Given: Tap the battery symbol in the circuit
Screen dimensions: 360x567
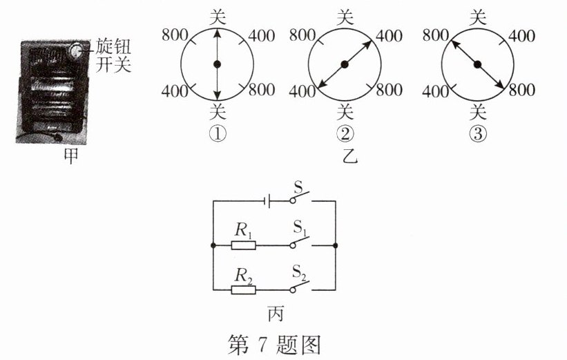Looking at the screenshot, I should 267,200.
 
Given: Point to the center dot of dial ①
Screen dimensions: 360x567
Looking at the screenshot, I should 218,65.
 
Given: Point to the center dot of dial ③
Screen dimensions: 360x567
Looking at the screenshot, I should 477,65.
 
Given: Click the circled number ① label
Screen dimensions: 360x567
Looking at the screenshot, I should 218,135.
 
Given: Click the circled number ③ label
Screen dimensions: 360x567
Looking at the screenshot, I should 477,135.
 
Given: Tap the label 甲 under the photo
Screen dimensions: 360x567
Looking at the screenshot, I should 70,155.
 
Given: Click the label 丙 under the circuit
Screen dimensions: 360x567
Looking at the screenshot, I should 275,314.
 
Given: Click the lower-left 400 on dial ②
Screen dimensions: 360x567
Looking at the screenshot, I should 302,90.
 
